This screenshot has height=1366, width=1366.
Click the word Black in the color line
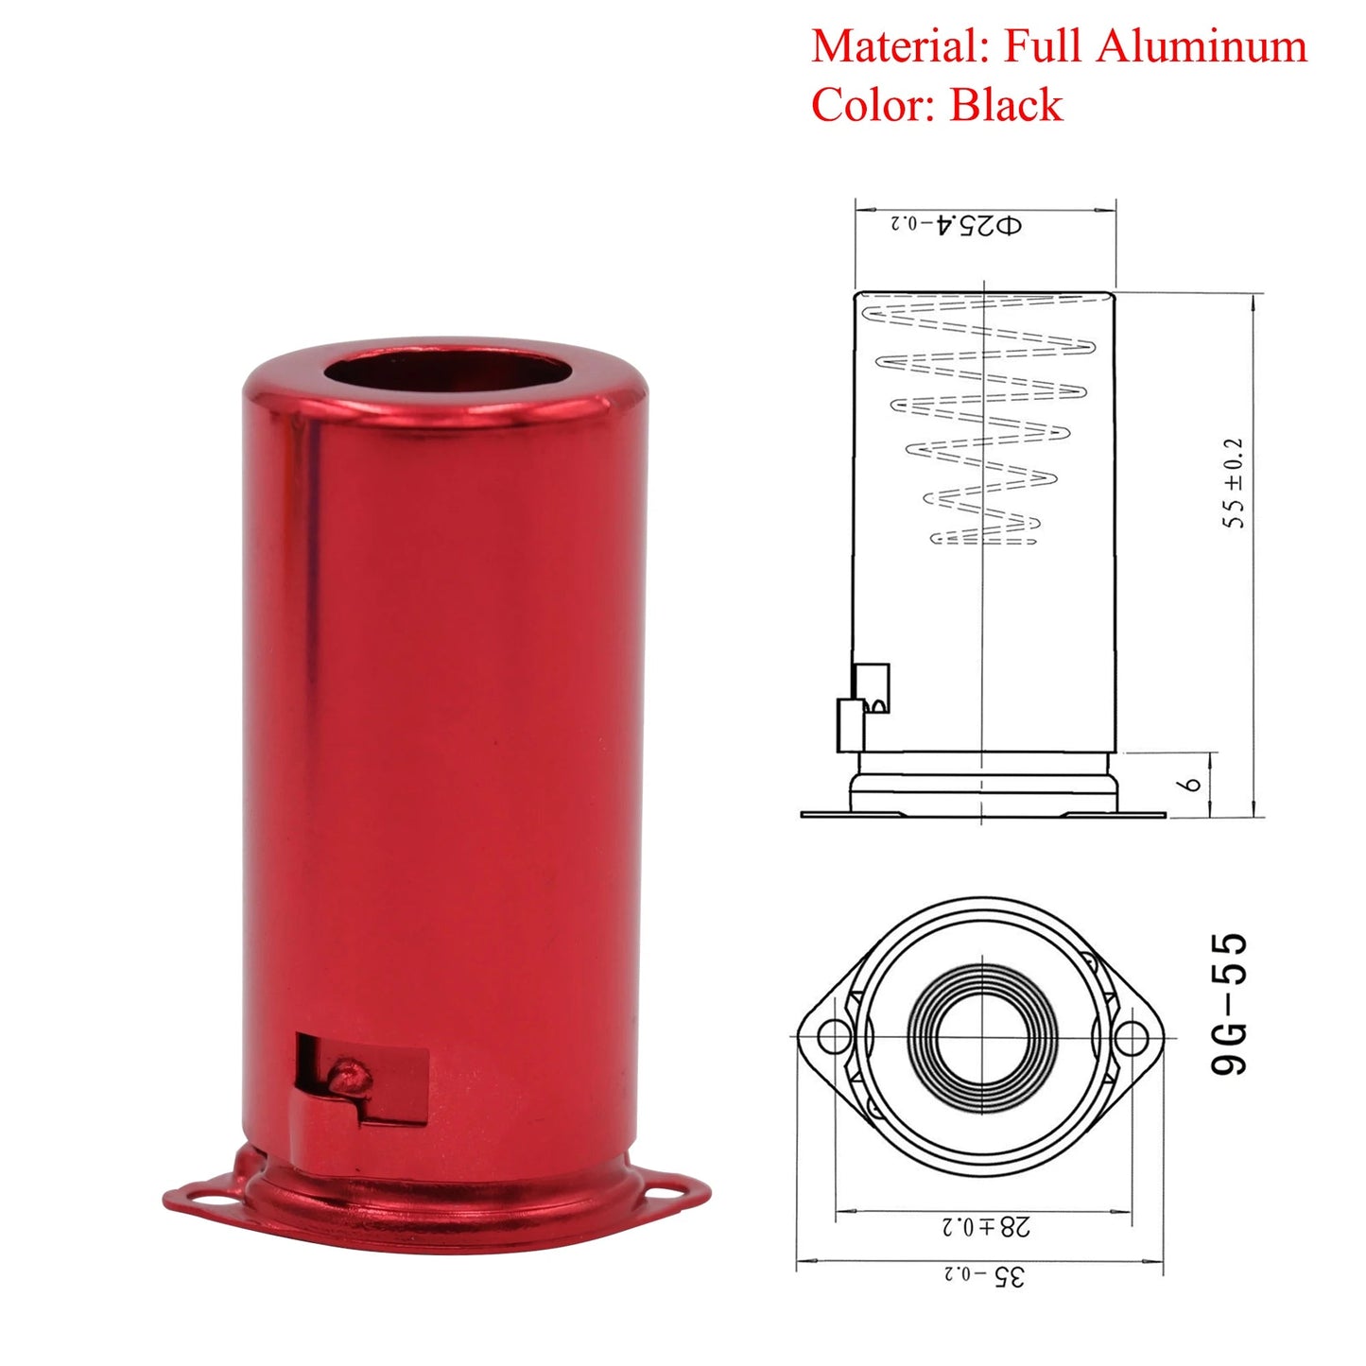point(1006,104)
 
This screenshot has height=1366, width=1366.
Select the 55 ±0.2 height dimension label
point(1235,482)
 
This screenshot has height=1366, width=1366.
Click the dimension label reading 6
point(1193,784)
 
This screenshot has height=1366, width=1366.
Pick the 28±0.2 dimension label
point(985,1226)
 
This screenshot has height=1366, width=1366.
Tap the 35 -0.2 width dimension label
point(983,1275)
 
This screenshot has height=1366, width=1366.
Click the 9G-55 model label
point(1230,1003)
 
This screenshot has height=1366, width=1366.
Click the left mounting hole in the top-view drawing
point(833,1037)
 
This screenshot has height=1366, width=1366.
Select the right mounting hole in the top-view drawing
point(1131,1038)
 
